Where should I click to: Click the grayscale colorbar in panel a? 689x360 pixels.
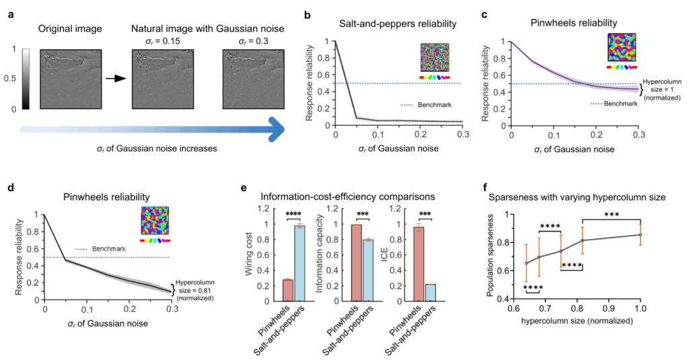pos(26,79)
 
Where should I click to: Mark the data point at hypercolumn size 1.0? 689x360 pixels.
pos(641,235)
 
